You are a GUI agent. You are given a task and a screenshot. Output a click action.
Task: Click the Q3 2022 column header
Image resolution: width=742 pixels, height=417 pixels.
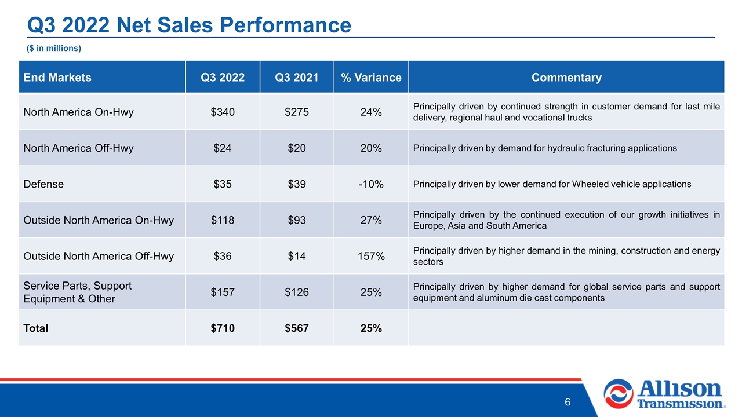(223, 78)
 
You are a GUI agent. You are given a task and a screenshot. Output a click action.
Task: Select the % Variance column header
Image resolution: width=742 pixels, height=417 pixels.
(371, 78)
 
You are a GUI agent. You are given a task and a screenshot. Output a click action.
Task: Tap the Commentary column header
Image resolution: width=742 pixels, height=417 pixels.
(566, 78)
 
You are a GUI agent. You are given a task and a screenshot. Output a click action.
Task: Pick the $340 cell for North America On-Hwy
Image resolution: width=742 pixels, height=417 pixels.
(223, 112)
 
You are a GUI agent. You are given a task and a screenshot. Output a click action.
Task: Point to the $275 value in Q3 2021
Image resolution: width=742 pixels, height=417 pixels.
(297, 112)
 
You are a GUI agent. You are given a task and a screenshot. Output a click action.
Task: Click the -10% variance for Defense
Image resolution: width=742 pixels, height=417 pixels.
(371, 184)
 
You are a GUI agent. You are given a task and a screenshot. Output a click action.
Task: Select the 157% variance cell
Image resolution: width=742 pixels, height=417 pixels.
(371, 256)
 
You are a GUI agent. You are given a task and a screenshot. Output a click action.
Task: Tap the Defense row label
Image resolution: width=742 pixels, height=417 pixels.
(43, 184)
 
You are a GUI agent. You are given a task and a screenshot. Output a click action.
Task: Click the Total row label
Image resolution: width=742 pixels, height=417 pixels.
(35, 328)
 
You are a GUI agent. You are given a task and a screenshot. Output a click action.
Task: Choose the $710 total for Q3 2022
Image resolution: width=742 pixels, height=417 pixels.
(223, 328)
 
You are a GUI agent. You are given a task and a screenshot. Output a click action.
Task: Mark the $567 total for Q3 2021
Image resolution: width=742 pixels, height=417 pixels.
(297, 328)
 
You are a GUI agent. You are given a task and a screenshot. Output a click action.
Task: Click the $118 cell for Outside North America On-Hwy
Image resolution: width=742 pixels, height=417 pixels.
(223, 220)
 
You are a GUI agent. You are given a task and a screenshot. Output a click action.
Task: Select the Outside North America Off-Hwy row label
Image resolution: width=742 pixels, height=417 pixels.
(99, 257)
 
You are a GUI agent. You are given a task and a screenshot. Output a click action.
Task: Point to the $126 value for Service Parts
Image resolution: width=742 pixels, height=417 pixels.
(297, 292)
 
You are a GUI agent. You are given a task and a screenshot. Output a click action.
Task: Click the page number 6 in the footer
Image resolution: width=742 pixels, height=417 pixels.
(568, 402)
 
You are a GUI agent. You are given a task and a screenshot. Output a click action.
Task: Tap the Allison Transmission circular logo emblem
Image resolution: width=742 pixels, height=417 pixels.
(619, 394)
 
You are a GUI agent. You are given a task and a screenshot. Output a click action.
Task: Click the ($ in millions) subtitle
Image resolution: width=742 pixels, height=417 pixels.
(54, 48)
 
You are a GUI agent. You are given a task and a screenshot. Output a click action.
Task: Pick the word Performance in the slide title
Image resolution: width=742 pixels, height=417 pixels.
(286, 25)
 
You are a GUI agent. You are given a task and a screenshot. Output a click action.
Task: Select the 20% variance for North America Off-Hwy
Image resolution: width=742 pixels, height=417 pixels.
(371, 148)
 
